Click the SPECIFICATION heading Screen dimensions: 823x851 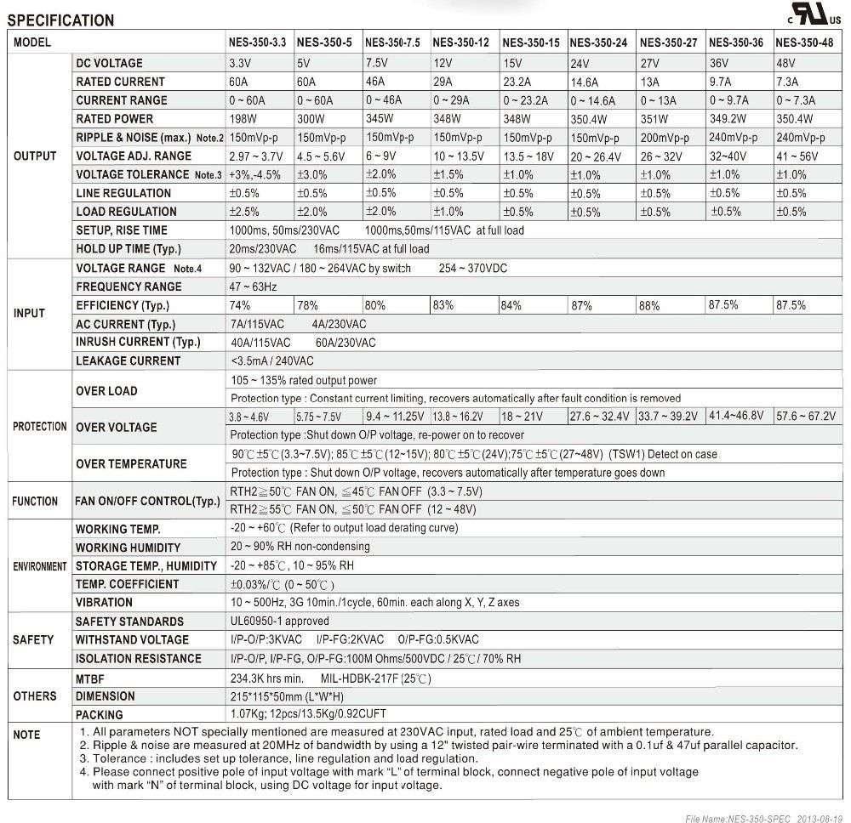click(60, 20)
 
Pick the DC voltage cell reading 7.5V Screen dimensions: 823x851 click(378, 63)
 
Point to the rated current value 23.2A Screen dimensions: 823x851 click(517, 82)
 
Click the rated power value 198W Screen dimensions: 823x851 click(244, 119)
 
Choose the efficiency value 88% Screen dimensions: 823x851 click(649, 306)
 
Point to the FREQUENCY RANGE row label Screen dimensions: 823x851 click(129, 287)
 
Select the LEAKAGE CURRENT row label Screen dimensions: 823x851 click(128, 361)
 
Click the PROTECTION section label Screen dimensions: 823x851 click(39, 427)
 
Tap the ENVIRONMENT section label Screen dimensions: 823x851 click(39, 566)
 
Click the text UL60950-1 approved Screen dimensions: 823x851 click(279, 622)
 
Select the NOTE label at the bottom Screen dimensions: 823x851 click(27, 735)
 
